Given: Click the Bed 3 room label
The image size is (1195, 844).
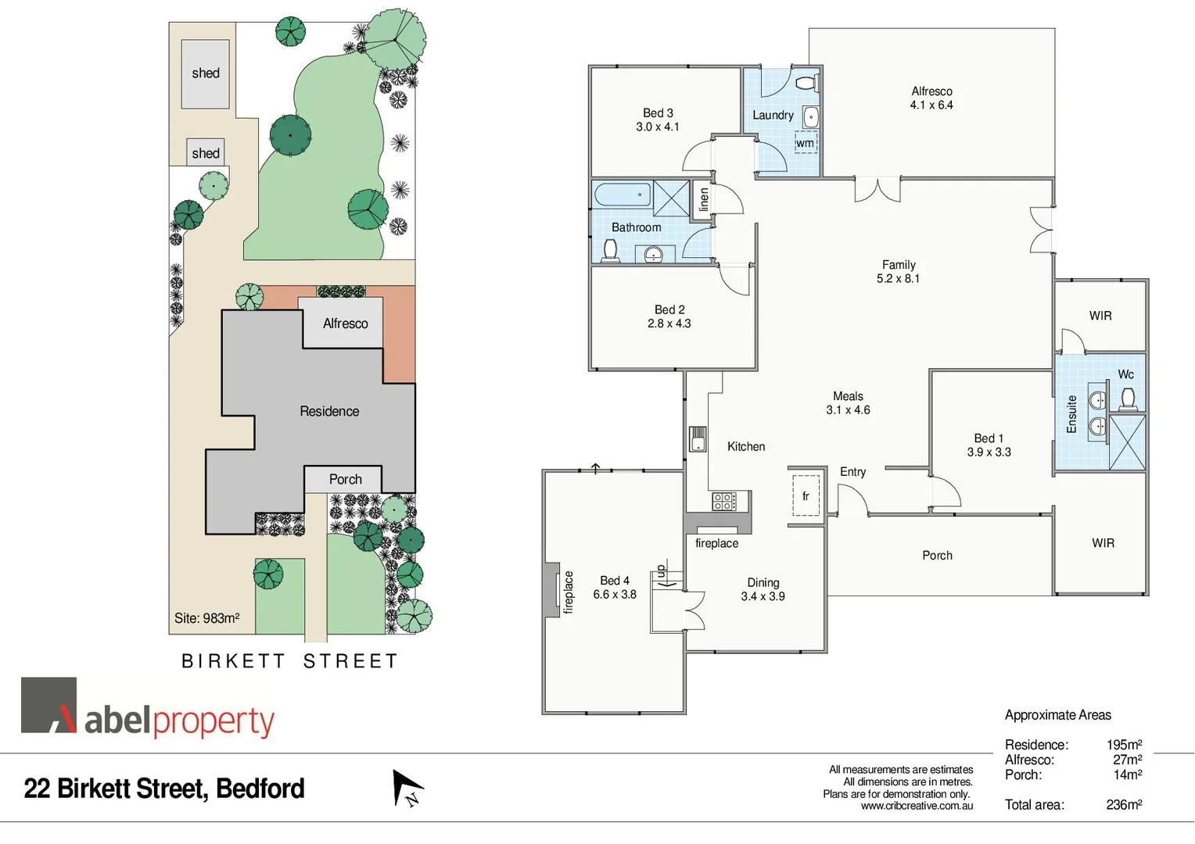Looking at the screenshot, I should [x=658, y=113].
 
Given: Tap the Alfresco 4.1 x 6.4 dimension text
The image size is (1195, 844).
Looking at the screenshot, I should [x=931, y=105].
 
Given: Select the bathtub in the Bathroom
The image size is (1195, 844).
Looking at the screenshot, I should [x=623, y=194].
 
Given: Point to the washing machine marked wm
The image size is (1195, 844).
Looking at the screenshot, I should [x=806, y=143].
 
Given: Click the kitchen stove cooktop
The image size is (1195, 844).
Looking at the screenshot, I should [x=723, y=501].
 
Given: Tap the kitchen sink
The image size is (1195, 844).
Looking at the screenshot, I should [x=698, y=439].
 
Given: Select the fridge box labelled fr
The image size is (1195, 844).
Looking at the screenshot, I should [x=806, y=495].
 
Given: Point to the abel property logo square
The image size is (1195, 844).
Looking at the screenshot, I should [x=48, y=705].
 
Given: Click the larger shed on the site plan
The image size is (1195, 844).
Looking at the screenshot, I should [x=206, y=73].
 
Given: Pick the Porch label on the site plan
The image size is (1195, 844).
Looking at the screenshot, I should [x=345, y=479].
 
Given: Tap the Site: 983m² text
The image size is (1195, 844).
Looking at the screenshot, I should [x=206, y=618].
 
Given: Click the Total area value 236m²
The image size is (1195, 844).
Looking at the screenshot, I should [x=1124, y=805].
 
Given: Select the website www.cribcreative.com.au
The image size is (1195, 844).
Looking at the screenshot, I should [x=917, y=806].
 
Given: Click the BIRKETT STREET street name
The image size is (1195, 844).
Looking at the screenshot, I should [x=290, y=661].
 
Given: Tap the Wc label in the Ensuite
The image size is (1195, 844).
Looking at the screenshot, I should [x=1125, y=374].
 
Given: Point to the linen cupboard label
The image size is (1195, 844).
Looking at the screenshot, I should [x=704, y=199].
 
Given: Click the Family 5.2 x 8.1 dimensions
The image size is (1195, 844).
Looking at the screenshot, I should [x=898, y=278].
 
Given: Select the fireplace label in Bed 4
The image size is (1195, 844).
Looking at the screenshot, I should [x=569, y=592].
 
